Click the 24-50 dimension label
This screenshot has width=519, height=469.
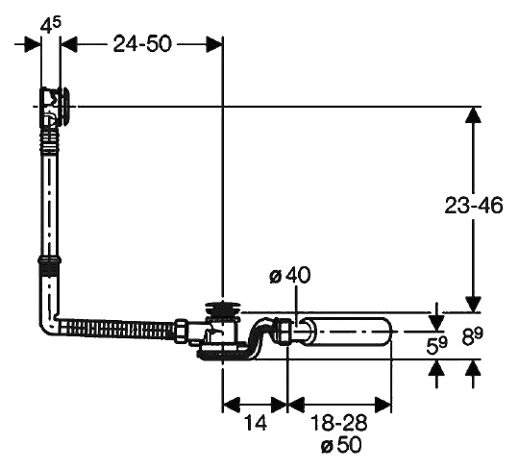[x=142, y=44]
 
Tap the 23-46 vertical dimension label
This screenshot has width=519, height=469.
[x=474, y=206]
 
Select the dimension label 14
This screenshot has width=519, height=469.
[x=255, y=423]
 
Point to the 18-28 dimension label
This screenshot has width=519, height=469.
[x=339, y=423]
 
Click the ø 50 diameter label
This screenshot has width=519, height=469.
[x=341, y=445]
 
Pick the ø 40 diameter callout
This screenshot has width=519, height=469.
[x=290, y=276]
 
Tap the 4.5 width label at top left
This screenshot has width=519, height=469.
[x=51, y=26]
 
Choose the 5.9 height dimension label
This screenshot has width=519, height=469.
[x=436, y=345]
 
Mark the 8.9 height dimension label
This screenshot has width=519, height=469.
[x=472, y=336]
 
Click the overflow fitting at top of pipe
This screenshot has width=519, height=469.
[x=54, y=107]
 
